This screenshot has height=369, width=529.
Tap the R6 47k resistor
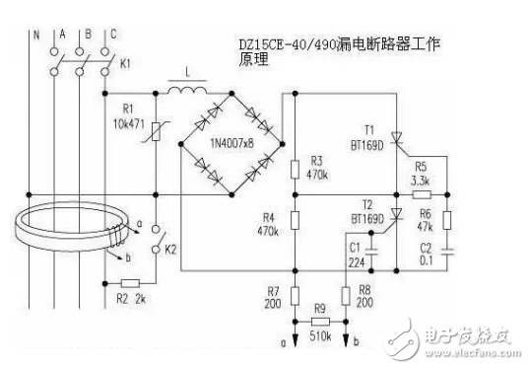coord(446,219)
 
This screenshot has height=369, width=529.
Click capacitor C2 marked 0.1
coord(446,253)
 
